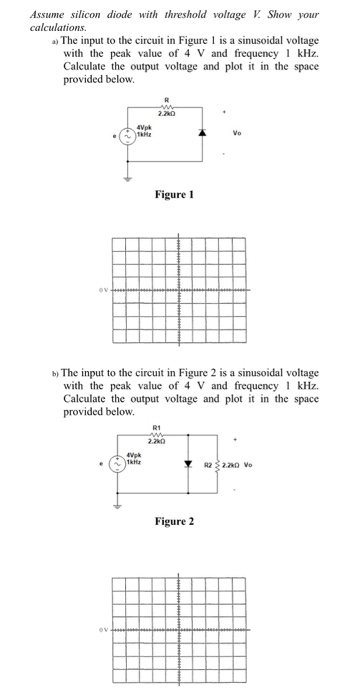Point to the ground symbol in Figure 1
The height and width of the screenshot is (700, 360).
click(x=127, y=180)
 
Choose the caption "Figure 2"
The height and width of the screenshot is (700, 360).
click(x=175, y=523)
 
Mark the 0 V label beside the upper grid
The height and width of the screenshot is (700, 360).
click(x=102, y=291)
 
